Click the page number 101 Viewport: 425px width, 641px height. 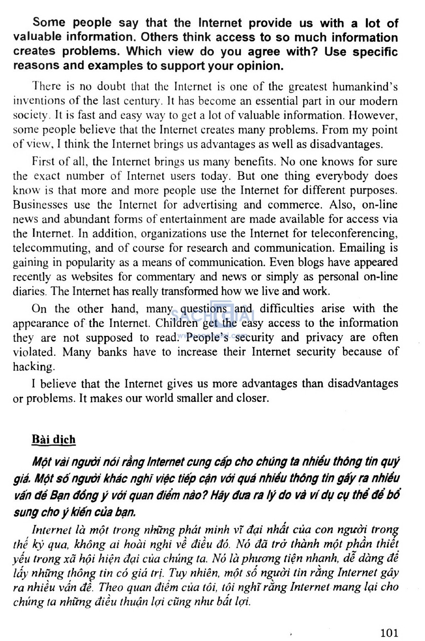point(389,633)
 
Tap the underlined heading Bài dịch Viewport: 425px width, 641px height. point(54,440)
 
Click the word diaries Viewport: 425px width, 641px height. point(29,291)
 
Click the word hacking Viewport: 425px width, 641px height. point(33,366)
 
